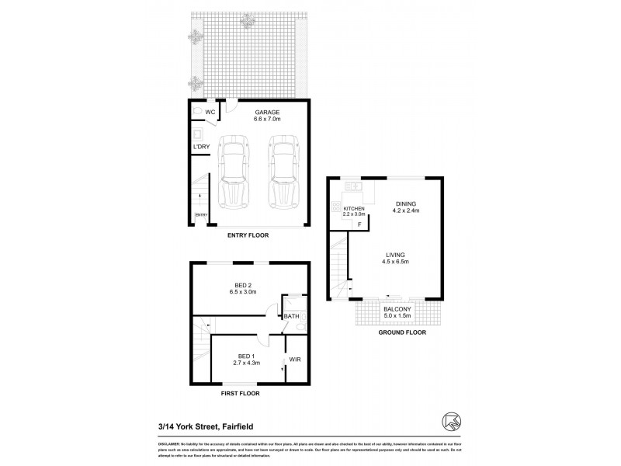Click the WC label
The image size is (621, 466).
210,113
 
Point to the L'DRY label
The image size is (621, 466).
201,146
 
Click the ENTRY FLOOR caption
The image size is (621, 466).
248,235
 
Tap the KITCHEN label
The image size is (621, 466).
354,209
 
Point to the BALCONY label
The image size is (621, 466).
396,309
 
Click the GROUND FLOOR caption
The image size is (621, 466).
397,332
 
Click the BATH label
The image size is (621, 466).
291,316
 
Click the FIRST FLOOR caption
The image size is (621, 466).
239,394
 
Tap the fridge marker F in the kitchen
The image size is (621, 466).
359,225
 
